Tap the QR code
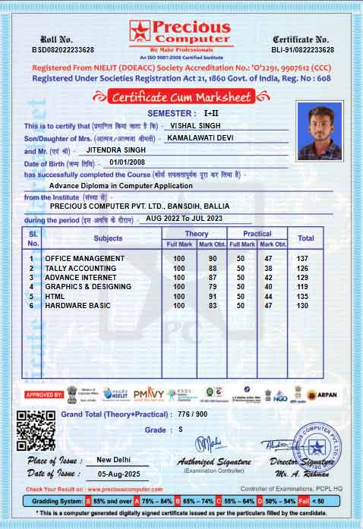[35, 430]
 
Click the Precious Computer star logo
[140, 32]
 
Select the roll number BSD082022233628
[62, 49]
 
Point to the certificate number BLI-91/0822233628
[301, 49]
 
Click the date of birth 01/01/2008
[125, 162]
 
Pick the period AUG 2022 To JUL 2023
[184, 218]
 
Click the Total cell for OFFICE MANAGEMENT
[305, 259]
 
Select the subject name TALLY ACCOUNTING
[80, 268]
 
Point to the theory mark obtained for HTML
[213, 296]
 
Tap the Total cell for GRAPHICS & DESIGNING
[305, 287]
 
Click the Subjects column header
[108, 238]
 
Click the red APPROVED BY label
[44, 395]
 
